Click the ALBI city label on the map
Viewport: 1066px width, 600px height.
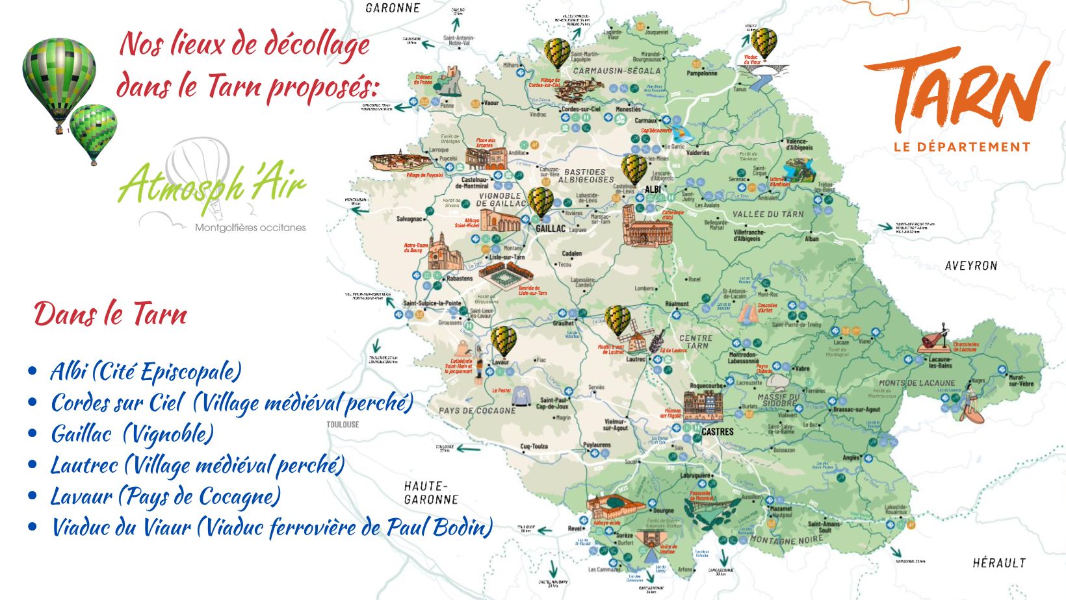tap(653, 190)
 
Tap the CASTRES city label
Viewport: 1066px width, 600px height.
tap(718, 431)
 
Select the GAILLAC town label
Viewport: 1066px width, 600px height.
tap(551, 229)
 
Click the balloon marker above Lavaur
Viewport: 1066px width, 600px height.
tap(503, 340)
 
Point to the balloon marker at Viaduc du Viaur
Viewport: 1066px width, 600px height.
tap(764, 43)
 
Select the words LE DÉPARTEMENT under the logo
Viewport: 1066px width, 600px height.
tap(962, 147)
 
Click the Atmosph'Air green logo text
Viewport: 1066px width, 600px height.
tap(212, 184)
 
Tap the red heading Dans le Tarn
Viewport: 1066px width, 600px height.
tap(110, 314)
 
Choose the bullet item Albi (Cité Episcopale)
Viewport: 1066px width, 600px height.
tap(146, 371)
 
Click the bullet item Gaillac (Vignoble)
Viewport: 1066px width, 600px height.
tap(132, 434)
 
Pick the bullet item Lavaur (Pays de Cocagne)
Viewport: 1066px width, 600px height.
tap(166, 496)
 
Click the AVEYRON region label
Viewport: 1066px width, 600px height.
tap(970, 266)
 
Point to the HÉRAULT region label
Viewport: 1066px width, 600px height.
tap(998, 563)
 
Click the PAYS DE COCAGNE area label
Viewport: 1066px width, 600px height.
tap(476, 410)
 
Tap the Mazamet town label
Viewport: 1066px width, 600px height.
tap(781, 509)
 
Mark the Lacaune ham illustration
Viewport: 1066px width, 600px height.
tap(935, 342)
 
